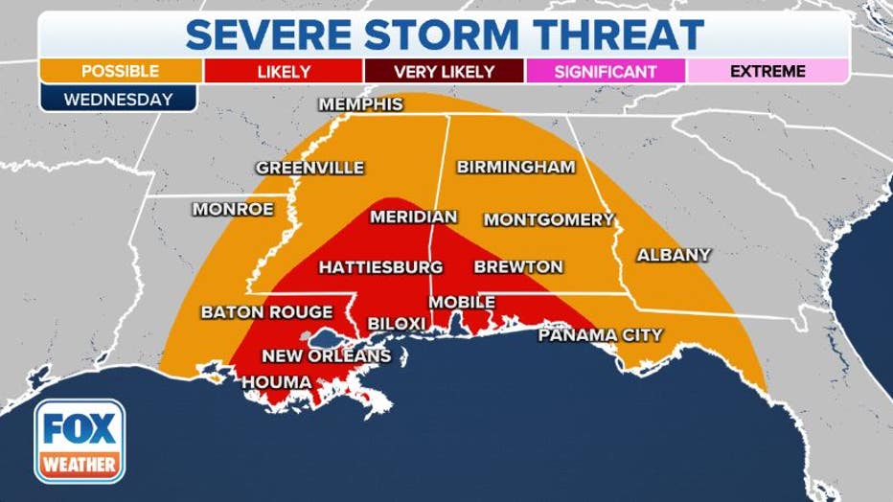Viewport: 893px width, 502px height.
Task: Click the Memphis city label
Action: coord(360,104)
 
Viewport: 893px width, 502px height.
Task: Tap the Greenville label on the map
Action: coord(309,168)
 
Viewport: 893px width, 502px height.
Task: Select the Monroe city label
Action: coord(233,209)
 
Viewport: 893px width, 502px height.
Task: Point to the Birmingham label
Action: coord(515,167)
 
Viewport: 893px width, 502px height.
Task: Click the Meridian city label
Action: coord(413,217)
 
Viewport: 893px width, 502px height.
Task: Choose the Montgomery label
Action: coord(548,219)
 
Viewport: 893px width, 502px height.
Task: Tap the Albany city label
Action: coord(674,255)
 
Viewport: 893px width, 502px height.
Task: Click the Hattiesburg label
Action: coord(380,266)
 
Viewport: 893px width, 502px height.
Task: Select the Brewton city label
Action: coord(518,266)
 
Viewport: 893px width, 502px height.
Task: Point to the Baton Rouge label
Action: coord(266,312)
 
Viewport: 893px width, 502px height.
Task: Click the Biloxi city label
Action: coord(397,324)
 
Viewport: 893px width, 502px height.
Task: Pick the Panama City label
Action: coord(600,335)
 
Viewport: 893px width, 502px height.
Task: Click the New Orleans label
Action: coord(326,356)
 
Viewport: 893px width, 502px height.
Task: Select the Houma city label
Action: coord(276,382)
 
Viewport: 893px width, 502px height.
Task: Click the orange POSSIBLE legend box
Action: coord(121,71)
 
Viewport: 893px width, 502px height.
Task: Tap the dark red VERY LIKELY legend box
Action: coord(444,71)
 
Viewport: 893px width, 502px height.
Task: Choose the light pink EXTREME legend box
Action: coord(767,71)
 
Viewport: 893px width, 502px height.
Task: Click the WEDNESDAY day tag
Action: coord(118,98)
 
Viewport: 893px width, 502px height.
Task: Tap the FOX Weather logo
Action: coord(80,441)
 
